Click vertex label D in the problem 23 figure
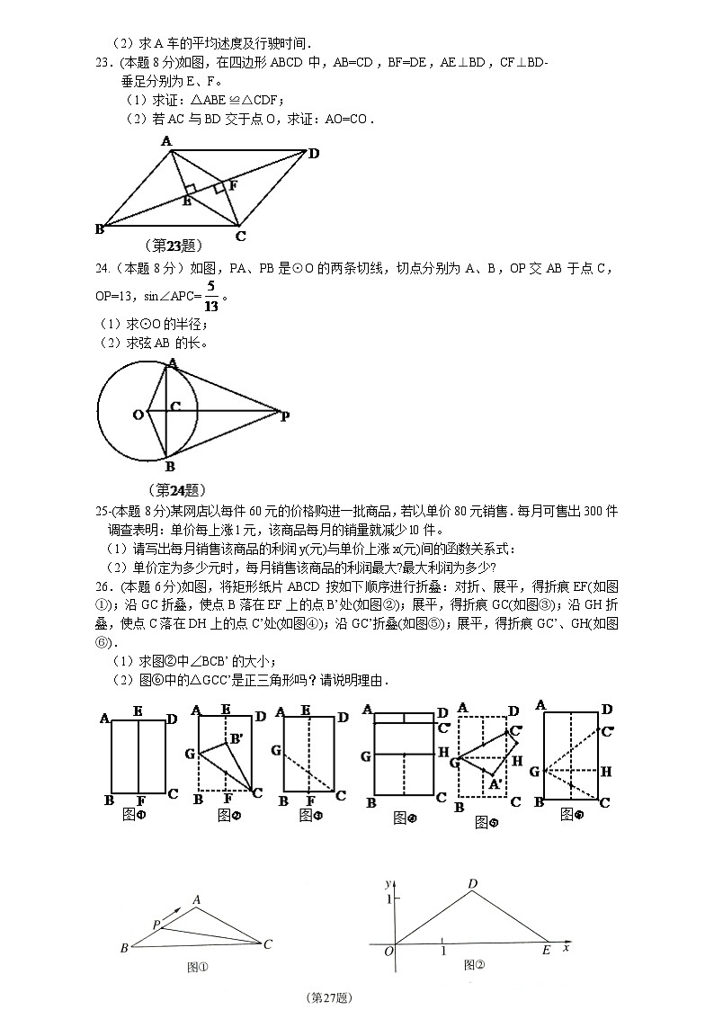[x=313, y=153]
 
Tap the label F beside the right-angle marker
[x=233, y=185]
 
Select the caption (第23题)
[x=172, y=245]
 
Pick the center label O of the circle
[x=138, y=415]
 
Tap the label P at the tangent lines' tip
[x=284, y=416]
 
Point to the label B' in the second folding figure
[x=236, y=738]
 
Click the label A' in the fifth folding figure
[x=494, y=783]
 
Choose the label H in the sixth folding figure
[x=605, y=771]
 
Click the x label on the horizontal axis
[x=566, y=947]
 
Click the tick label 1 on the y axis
[x=388, y=899]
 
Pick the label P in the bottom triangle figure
[x=156, y=924]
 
